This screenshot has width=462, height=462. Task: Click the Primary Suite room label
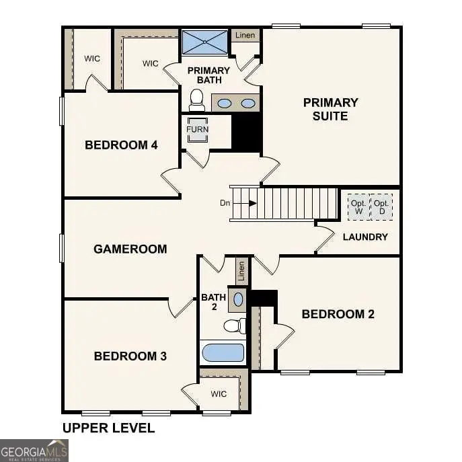click(x=330, y=109)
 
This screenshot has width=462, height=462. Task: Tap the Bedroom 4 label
click(x=121, y=145)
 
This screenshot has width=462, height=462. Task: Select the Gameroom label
click(x=130, y=249)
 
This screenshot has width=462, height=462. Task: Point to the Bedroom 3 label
click(x=130, y=356)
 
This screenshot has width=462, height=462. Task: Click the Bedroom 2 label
click(x=338, y=314)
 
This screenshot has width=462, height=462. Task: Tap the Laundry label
click(x=365, y=237)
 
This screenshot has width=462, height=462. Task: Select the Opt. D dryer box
click(x=381, y=206)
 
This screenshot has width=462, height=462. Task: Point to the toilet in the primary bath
click(x=196, y=102)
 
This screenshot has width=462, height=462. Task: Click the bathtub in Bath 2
click(x=223, y=352)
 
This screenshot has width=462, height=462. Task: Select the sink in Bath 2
click(x=238, y=298)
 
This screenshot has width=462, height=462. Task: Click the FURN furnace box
click(x=198, y=130)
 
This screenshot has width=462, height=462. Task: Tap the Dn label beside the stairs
click(x=225, y=202)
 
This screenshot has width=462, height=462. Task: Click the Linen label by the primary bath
click(x=245, y=35)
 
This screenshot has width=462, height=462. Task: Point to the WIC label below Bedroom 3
click(x=219, y=393)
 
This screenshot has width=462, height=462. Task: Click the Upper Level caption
click(x=108, y=428)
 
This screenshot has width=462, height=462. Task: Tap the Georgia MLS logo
click(x=34, y=450)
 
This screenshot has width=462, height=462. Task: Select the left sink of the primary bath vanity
click(x=225, y=104)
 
